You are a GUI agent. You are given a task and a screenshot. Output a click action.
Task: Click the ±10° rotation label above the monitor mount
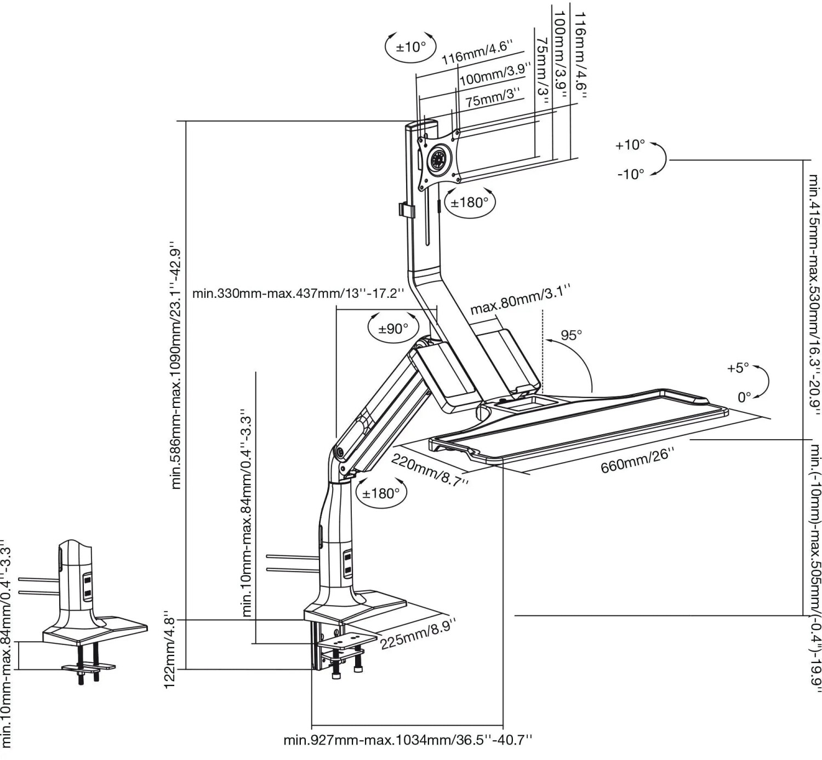pos(410,47)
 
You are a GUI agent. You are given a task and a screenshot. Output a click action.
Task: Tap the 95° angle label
pos(571,335)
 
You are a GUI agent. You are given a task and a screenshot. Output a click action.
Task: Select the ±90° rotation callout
pos(393,329)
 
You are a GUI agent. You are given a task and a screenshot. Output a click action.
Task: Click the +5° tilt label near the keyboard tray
pos(738,367)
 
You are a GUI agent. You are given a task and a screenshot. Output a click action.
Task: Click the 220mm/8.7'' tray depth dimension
pos(430,470)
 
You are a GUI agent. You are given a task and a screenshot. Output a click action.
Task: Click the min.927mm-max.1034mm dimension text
pos(407,740)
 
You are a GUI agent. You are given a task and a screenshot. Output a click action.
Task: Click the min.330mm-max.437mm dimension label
pos(298,293)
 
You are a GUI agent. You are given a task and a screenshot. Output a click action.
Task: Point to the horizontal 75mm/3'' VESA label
pos(493,97)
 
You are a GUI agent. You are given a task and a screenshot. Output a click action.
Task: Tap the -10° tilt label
pos(631,174)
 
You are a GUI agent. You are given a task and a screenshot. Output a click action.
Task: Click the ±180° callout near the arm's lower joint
pos(381,493)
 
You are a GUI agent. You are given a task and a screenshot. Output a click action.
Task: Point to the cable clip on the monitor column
pos(407,209)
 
